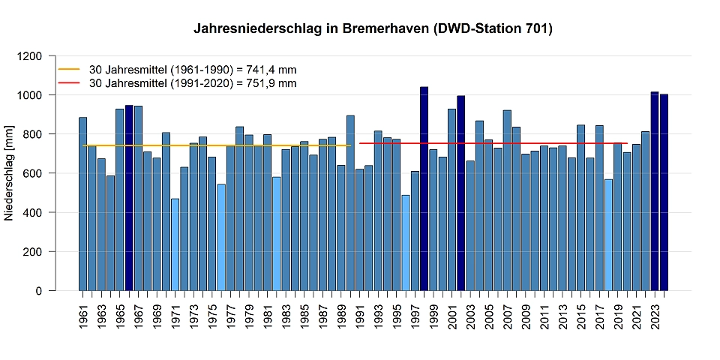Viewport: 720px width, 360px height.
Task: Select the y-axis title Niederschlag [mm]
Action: coord(10,173)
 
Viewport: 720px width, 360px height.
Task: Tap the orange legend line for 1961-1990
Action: coord(69,69)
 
